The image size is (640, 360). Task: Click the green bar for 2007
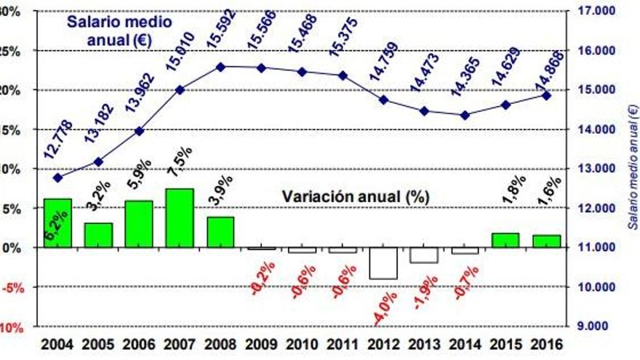pyautogui.click(x=180, y=218)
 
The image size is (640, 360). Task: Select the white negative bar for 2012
pyautogui.click(x=383, y=263)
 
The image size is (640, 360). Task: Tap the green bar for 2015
pyautogui.click(x=505, y=240)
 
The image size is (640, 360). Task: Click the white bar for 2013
pyautogui.click(x=424, y=255)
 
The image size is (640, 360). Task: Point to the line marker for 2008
pyautogui.click(x=220, y=66)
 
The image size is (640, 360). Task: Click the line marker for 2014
pyautogui.click(x=465, y=115)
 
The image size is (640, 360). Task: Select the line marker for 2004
pyautogui.click(x=57, y=177)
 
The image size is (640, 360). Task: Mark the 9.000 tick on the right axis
pyautogui.click(x=592, y=326)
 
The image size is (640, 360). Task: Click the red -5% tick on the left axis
pyautogui.click(x=13, y=287)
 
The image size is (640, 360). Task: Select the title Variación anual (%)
pyautogui.click(x=356, y=196)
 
